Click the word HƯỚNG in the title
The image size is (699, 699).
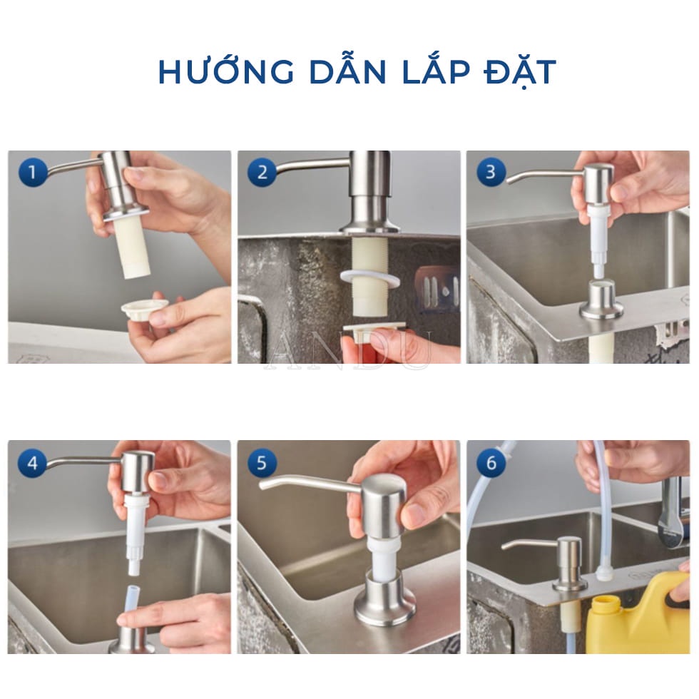tap(213, 73)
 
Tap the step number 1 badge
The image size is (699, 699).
tap(31, 172)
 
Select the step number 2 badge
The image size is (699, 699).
tap(262, 172)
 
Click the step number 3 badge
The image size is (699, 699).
tap(491, 172)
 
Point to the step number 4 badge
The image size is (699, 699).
tap(31, 464)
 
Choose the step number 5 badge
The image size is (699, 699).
tap(262, 464)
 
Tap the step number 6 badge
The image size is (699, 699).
tap(491, 464)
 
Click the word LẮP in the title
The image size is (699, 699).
tap(418, 73)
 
